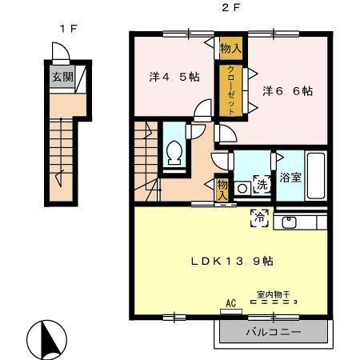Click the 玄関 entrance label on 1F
click(x=62, y=77)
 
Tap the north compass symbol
click(x=47, y=340)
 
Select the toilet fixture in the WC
click(x=174, y=153)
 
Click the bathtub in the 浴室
click(x=316, y=175)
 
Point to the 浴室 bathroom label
click(x=290, y=178)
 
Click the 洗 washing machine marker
click(x=262, y=184)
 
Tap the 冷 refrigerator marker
click(x=259, y=218)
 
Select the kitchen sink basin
click(x=289, y=222)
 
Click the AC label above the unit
click(x=231, y=303)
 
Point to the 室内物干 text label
click(x=274, y=294)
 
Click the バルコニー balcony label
click(x=274, y=332)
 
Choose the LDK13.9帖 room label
click(x=232, y=261)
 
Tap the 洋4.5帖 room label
click(x=174, y=77)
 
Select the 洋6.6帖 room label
click(x=287, y=91)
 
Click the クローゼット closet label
click(x=231, y=90)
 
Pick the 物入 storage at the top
click(x=231, y=48)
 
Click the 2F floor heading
click(x=231, y=8)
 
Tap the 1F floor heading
click(x=68, y=28)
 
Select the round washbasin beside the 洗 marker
click(x=242, y=189)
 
